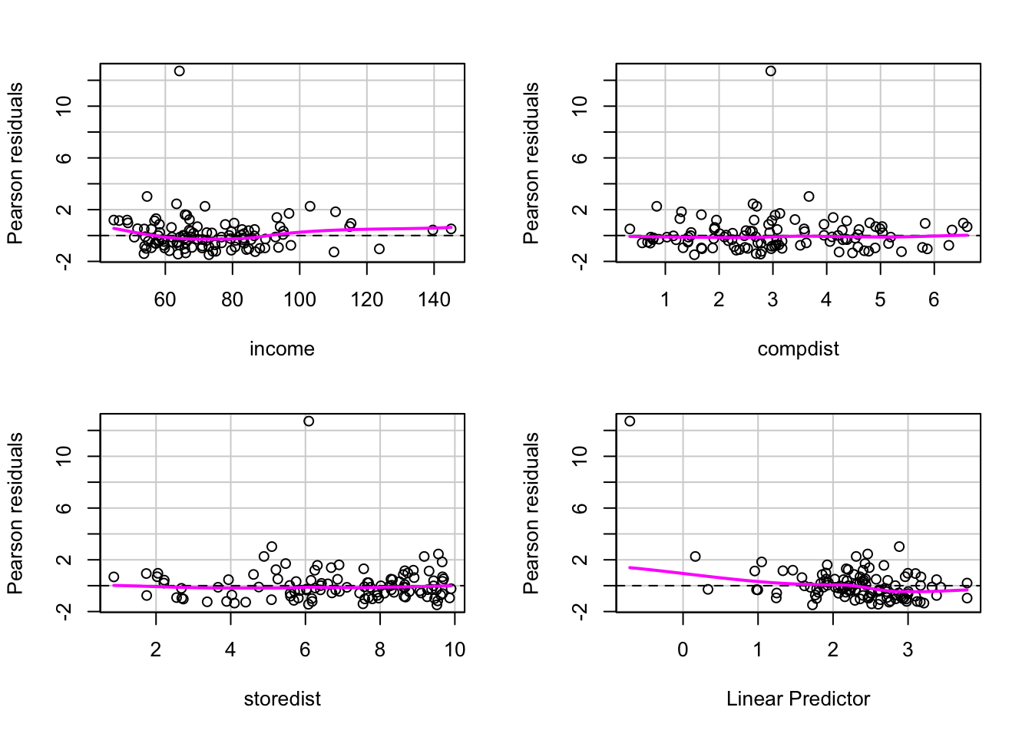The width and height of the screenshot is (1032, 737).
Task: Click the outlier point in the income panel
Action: tap(179, 71)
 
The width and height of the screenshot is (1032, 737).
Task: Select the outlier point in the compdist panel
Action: tap(771, 71)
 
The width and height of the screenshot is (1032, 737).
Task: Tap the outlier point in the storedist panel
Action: tap(309, 421)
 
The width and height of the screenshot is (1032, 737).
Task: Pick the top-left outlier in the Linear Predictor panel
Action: tap(630, 421)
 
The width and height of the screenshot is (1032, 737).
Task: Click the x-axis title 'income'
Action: tap(282, 349)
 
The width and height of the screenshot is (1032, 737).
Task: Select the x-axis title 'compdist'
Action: tap(798, 349)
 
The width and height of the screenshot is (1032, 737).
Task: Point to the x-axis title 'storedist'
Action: tap(282, 699)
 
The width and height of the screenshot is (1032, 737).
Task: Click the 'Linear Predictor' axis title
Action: tap(798, 699)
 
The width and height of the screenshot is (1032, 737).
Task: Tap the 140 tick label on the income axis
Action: tap(435, 300)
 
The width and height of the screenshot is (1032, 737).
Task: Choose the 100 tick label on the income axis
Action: tap(299, 300)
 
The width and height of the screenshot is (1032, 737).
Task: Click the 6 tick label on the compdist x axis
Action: tap(934, 300)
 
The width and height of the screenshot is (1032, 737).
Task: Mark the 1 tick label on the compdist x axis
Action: tap(665, 300)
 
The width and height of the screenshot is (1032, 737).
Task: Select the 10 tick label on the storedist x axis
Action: tap(455, 650)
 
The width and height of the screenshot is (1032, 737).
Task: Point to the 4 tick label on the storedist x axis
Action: tap(230, 650)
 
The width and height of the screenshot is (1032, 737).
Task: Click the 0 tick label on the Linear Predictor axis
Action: tap(683, 650)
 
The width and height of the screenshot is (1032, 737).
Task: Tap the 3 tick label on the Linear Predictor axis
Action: tap(908, 650)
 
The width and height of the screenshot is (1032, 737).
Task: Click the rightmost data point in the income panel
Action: tap(451, 229)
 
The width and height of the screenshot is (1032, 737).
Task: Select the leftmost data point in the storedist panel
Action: tap(114, 577)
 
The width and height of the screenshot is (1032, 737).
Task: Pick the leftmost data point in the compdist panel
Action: tap(630, 229)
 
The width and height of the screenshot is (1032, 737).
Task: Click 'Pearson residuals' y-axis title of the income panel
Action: tap(15, 163)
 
